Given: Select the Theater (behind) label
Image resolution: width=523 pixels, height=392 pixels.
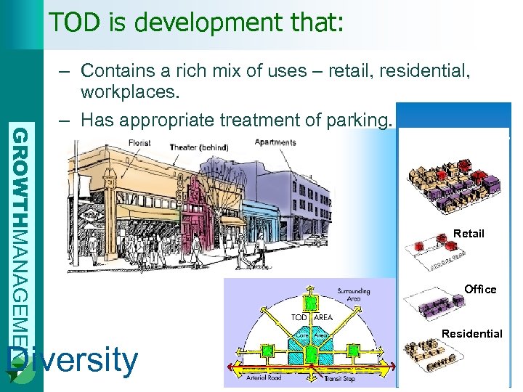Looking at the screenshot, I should point(198,147).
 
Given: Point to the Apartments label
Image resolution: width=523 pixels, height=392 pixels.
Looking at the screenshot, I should point(275,142).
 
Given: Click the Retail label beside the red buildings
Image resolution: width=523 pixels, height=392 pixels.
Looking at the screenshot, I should point(469,234).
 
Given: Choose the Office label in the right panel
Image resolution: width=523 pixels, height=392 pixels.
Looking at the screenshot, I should point(480,290).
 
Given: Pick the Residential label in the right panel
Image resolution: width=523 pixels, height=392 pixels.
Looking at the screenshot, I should point(472,334).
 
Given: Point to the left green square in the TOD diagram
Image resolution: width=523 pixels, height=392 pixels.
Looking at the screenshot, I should point(267,351).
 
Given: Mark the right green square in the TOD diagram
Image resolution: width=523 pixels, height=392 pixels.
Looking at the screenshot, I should point(354,350).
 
